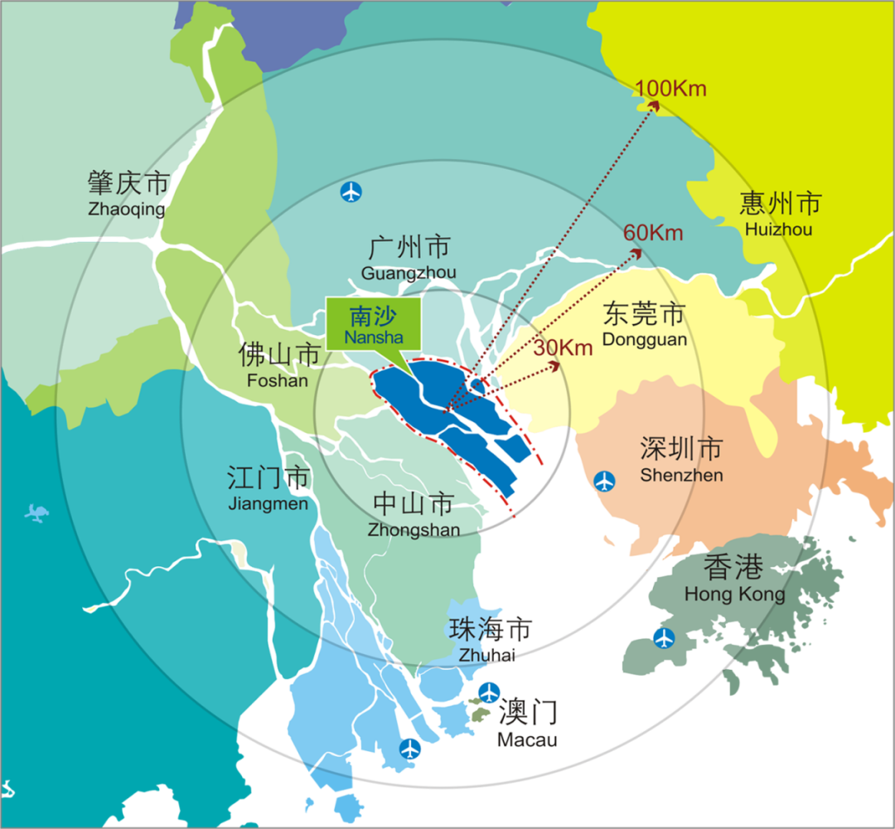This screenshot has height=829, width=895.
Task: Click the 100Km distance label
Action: [671, 88]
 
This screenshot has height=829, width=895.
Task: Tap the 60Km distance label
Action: [654, 233]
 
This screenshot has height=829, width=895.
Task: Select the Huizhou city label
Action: [780, 214]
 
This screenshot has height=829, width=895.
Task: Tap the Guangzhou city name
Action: [409, 258]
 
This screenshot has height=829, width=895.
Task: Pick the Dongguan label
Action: [645, 325]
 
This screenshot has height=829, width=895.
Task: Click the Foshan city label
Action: [278, 366]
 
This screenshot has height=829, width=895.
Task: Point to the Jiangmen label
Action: [268, 489]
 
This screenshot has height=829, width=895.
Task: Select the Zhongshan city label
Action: [414, 515]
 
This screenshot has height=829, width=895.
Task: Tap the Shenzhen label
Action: [681, 460]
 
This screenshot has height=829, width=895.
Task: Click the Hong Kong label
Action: [734, 579]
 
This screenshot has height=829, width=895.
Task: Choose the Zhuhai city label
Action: [490, 640]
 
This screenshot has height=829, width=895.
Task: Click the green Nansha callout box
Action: [374, 323]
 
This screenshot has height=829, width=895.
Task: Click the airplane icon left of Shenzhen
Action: [606, 480]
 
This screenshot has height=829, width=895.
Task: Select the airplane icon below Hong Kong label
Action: [664, 638]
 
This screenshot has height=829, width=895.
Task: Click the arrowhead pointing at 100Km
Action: [652, 105]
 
